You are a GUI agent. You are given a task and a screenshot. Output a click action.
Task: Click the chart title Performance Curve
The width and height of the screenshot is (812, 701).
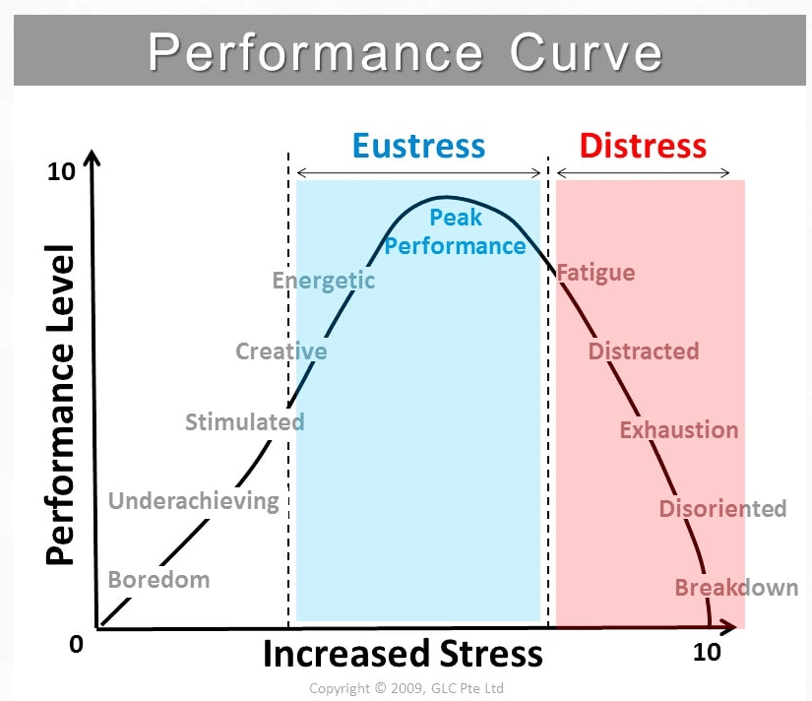[406, 52]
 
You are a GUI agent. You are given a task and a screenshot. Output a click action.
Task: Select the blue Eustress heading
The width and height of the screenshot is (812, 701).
[418, 146]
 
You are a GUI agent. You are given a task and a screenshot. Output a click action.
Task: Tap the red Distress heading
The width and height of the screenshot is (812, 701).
[642, 146]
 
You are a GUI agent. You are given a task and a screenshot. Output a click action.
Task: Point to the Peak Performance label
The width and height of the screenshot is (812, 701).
[455, 231]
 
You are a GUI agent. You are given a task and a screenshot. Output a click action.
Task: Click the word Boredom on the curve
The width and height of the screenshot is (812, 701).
[158, 579]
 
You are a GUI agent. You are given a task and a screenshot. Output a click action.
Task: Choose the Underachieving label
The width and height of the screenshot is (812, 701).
[194, 501]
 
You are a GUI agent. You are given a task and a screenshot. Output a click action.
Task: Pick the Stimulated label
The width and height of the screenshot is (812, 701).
[244, 422]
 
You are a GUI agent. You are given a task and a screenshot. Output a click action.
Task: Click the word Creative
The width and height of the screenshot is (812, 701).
[281, 351]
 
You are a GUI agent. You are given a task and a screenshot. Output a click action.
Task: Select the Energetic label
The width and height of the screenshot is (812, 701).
[324, 281]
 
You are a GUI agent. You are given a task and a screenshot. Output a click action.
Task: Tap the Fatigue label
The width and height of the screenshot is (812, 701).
[596, 273]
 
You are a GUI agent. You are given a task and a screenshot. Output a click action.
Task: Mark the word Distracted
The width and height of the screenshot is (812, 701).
[643, 351]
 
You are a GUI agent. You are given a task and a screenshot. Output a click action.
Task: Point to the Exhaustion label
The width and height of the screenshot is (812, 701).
[678, 430]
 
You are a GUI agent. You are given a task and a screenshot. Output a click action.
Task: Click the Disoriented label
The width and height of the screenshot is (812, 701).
[722, 509]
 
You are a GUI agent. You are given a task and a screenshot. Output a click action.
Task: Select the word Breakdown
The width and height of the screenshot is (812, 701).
[736, 588]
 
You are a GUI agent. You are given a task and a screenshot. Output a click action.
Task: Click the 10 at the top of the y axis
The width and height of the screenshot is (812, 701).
[61, 172]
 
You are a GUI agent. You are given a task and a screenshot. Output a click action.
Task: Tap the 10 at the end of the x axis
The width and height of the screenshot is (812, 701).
[707, 652]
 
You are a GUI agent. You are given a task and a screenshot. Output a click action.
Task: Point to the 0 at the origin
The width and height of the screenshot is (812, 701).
[76, 645]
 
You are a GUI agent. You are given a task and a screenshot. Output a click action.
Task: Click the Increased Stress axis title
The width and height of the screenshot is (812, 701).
[403, 654]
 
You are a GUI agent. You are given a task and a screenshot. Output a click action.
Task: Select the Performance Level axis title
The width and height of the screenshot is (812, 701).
[61, 404]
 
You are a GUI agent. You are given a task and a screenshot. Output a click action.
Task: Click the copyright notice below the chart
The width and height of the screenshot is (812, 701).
[406, 688]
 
